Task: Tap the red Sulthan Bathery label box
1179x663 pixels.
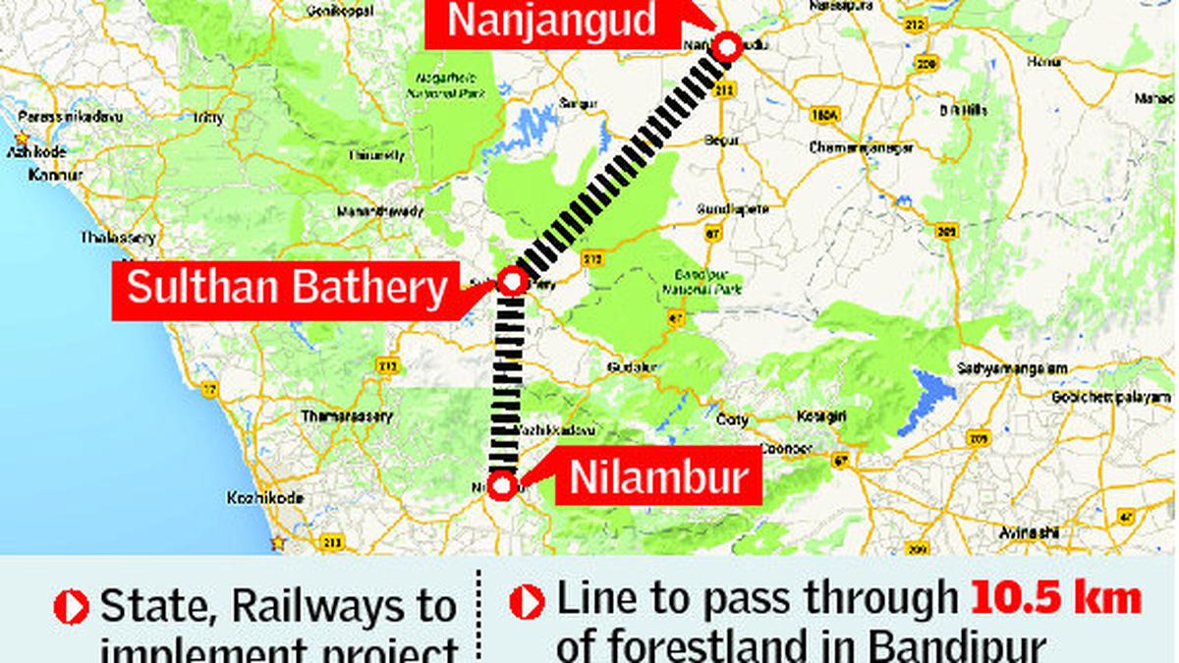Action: tap(286, 289)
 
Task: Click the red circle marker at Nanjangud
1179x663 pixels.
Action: tap(726, 47)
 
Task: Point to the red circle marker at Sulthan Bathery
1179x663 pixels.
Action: tap(511, 282)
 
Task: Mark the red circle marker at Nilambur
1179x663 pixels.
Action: tap(502, 486)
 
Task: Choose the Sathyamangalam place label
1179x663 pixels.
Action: tap(1012, 367)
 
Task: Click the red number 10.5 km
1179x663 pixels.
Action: tap(1056, 599)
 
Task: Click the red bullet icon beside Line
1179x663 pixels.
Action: tap(527, 602)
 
